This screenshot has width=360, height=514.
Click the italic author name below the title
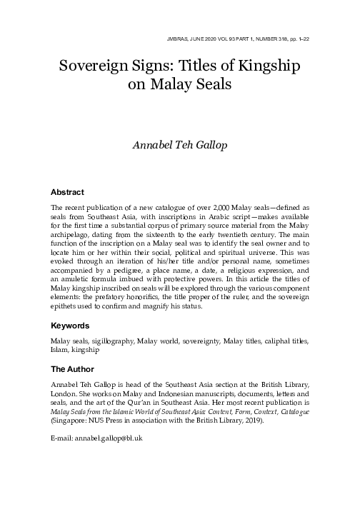tap(180, 148)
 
